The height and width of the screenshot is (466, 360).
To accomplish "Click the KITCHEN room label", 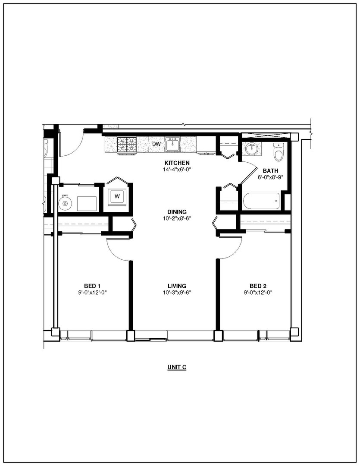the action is pyautogui.click(x=177, y=163).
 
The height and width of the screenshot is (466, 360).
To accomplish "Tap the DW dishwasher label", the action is pyautogui.click(x=156, y=144).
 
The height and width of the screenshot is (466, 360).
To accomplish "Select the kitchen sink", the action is pyautogui.click(x=172, y=145).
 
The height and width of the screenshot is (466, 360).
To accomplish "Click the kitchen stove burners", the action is pyautogui.click(x=127, y=145).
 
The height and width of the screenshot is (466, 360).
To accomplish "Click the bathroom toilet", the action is pyautogui.click(x=279, y=151).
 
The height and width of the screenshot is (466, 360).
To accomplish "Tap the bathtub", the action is pyautogui.click(x=261, y=201).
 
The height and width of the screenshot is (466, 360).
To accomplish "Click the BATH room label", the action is pyautogui.click(x=270, y=171).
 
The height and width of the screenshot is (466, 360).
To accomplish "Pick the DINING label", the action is pyautogui.click(x=177, y=212).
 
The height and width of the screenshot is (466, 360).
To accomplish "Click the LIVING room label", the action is pyautogui.click(x=177, y=286).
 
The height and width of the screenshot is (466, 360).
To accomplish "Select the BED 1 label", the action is pyautogui.click(x=92, y=286).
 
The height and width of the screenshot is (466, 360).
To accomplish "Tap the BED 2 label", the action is pyautogui.click(x=258, y=286).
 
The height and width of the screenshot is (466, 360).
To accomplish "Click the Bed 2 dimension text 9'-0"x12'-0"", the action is pyautogui.click(x=258, y=293).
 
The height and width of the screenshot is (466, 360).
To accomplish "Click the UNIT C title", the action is pyautogui.click(x=177, y=367).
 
